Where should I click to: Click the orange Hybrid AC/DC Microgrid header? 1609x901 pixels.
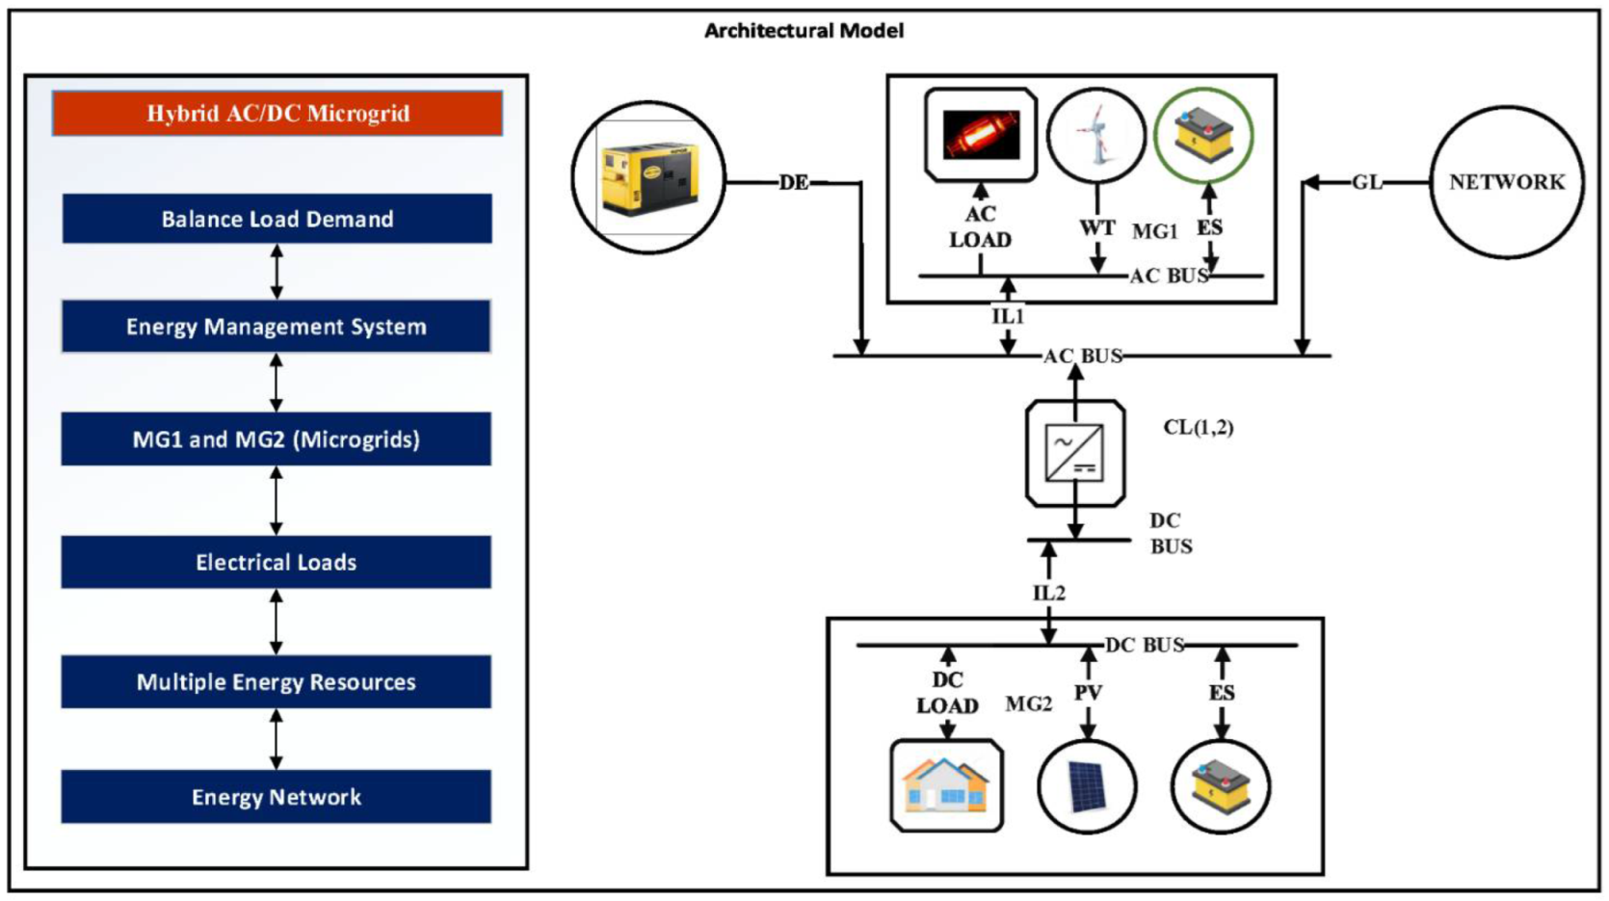tap(277, 114)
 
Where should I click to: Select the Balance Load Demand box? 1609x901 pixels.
tap(277, 219)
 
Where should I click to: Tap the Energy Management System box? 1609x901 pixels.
tap(277, 327)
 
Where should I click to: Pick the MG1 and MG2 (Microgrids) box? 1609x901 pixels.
tap(277, 439)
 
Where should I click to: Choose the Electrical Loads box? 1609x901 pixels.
tap(277, 562)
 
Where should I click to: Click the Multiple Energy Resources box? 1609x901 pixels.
tap(277, 682)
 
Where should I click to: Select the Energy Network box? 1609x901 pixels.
tap(277, 797)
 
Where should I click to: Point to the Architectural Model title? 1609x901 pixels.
tap(804, 31)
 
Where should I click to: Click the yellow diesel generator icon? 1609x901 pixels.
tap(648, 178)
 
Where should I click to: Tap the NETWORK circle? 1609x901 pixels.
tap(1507, 182)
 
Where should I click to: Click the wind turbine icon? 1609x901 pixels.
tap(1095, 135)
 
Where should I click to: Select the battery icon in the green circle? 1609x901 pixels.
tap(1203, 135)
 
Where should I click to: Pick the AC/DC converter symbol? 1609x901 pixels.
tap(1074, 453)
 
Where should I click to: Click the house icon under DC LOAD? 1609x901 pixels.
tap(946, 785)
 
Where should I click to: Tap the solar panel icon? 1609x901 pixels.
tap(1087, 786)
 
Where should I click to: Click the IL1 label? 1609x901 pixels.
tap(1008, 316)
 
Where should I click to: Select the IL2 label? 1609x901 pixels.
tap(1049, 593)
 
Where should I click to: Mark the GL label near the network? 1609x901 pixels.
tap(1366, 182)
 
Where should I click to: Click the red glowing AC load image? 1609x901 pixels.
tap(981, 135)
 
